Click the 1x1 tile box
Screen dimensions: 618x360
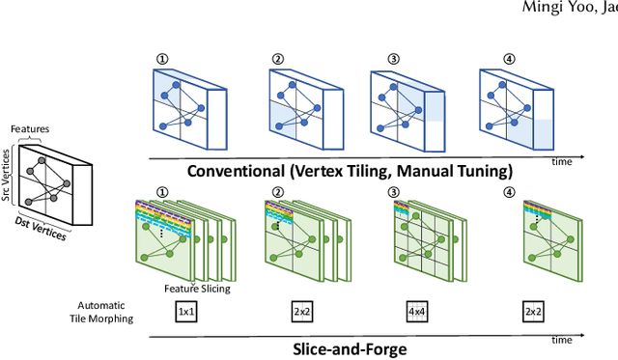click(186, 312)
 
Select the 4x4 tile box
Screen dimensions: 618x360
click(417, 312)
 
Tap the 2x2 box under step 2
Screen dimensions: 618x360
click(302, 312)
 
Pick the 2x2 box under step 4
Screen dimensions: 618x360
click(533, 312)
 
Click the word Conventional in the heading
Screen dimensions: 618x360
click(236, 172)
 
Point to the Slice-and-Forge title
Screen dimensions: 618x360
click(350, 349)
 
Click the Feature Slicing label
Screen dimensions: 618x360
click(197, 289)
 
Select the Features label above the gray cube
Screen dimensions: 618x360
click(30, 128)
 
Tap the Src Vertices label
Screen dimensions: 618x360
click(6, 176)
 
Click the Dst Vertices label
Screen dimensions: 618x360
click(41, 228)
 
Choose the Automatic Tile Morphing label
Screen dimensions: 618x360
click(101, 312)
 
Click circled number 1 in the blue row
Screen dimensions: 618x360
click(162, 59)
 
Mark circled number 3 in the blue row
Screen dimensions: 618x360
click(393, 59)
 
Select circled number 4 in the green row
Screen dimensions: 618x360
click(509, 192)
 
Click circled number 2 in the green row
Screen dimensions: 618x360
click(278, 192)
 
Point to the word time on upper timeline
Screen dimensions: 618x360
click(562, 162)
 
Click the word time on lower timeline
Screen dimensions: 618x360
click(562, 340)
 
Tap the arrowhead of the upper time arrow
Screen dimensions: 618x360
click(581, 157)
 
